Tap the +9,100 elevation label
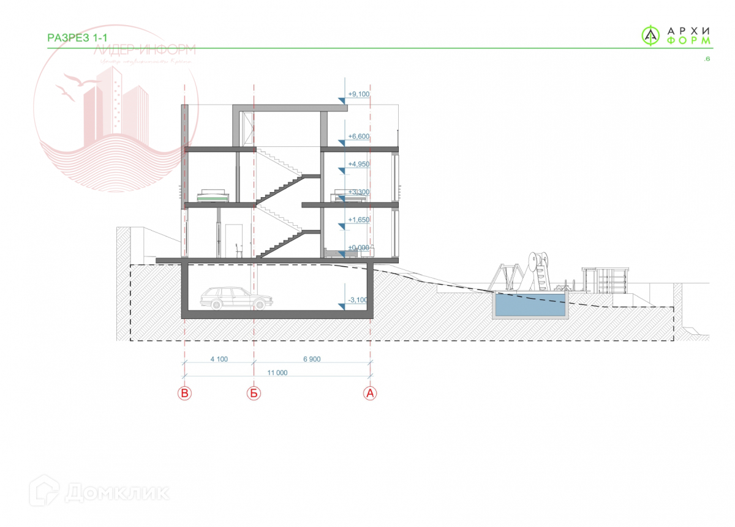point(359,94)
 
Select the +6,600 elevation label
point(359,136)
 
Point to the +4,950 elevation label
point(359,165)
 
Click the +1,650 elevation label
point(359,219)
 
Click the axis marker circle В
point(184,394)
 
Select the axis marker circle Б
point(254,394)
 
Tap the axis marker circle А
point(370,394)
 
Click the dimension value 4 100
point(219,359)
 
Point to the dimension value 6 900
point(311,359)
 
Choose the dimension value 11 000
point(277,372)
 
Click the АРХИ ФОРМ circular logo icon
point(650,36)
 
